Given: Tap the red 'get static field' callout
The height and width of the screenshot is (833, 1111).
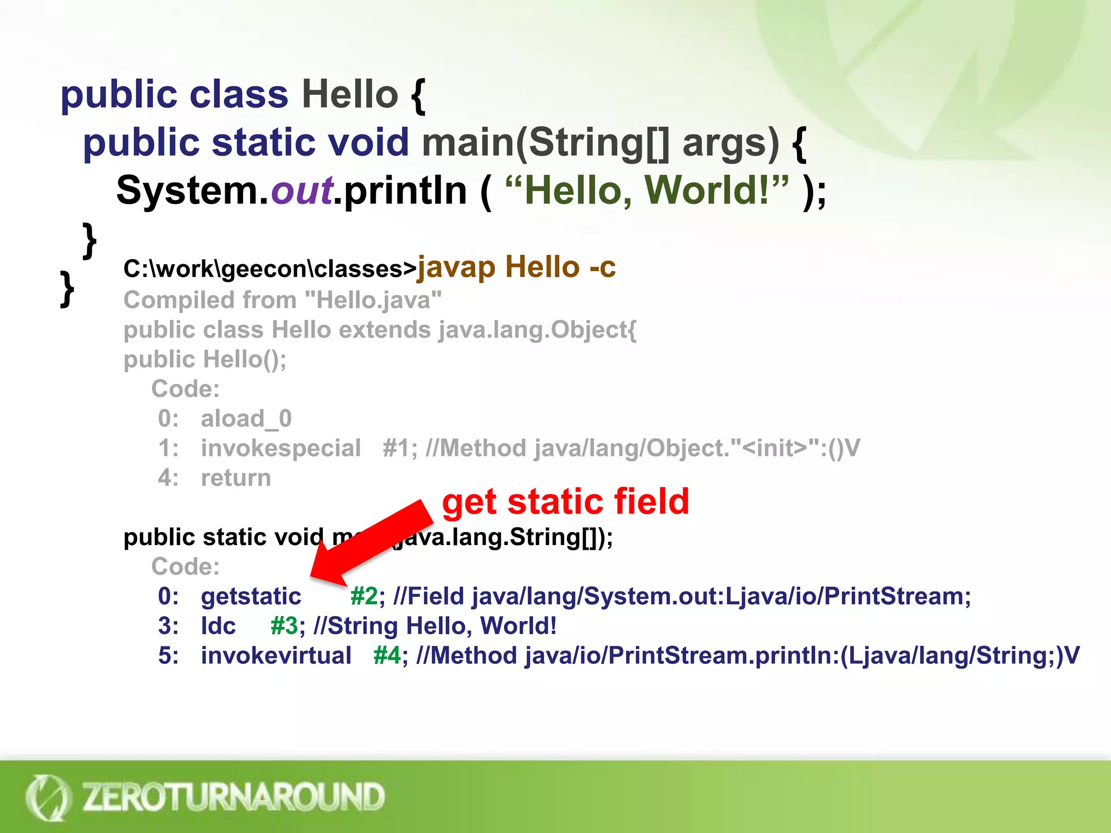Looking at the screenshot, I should click(565, 501).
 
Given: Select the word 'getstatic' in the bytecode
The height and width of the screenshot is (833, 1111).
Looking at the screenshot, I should click(251, 597).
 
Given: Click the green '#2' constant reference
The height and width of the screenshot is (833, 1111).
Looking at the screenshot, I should click(363, 597).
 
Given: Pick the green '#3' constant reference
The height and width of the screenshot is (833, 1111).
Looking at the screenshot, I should click(284, 626).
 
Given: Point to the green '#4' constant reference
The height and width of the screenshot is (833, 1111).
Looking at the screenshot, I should click(387, 656).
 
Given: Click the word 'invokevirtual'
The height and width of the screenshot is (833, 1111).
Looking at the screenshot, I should click(276, 656).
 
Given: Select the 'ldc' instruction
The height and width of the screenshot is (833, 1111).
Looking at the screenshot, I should click(218, 626).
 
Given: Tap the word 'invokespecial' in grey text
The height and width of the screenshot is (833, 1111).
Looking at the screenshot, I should click(280, 448).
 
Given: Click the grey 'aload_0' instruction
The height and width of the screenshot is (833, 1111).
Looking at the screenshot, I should click(246, 419).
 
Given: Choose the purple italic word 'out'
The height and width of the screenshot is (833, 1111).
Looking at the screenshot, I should click(302, 191).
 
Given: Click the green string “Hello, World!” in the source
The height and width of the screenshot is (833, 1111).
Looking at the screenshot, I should click(646, 191).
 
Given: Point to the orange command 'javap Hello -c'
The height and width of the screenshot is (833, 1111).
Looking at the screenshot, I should click(516, 267).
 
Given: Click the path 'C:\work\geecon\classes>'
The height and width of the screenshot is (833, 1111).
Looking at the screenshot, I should click(270, 269).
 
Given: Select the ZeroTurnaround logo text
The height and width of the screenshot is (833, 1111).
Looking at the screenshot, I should click(233, 797).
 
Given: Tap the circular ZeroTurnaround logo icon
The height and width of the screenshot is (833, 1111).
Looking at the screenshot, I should click(48, 797).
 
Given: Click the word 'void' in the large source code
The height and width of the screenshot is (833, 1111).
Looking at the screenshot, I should click(368, 143).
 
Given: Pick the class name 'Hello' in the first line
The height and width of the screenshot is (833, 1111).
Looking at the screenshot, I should click(350, 94).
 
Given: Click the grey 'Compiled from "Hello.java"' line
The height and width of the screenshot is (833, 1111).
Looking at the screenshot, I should click(283, 300).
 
